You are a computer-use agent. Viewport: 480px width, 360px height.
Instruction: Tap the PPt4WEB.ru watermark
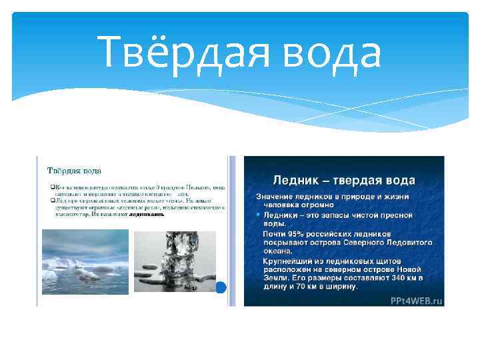(x=416, y=301)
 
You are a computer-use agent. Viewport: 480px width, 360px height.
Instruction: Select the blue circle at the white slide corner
(x=223, y=288)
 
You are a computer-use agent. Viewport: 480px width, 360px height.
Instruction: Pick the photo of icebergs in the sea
(x=85, y=261)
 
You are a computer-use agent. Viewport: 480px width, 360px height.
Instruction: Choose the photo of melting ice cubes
(x=174, y=261)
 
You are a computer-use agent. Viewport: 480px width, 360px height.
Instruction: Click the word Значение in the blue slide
(x=279, y=197)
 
